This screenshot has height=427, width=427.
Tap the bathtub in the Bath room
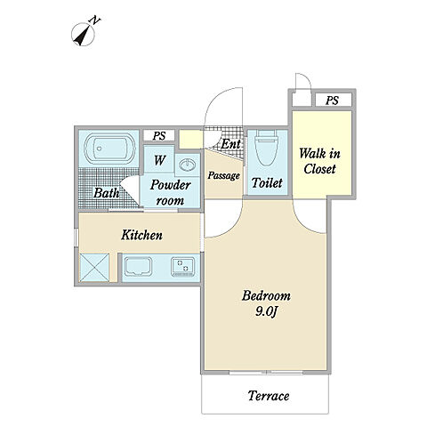pyautogui.click(x=109, y=149)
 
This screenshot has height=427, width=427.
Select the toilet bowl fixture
pyautogui.click(x=266, y=148)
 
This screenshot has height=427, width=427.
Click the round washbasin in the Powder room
pyautogui.click(x=187, y=164)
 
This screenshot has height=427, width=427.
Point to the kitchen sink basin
pyautogui.click(x=138, y=266)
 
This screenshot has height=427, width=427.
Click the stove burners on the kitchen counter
pyautogui.click(x=183, y=267)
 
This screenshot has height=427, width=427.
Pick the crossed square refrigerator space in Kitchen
pyautogui.click(x=94, y=267)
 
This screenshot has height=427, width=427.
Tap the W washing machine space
pyautogui.click(x=159, y=159)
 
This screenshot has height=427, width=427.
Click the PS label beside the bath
pyautogui.click(x=159, y=136)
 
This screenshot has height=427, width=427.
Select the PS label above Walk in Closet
pyautogui.click(x=332, y=101)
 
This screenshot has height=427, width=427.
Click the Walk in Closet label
pyautogui.click(x=319, y=161)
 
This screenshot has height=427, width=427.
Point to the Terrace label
pyautogui.click(x=269, y=396)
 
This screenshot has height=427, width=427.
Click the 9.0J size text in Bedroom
pyautogui.click(x=266, y=311)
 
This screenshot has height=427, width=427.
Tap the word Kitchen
pyautogui.click(x=141, y=235)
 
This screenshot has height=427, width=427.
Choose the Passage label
pyautogui.click(x=224, y=175)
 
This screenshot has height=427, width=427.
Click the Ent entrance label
pyautogui.click(x=230, y=144)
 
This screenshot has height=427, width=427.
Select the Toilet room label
pyautogui.click(x=267, y=182)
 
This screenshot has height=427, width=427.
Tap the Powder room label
pyautogui.click(x=170, y=192)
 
